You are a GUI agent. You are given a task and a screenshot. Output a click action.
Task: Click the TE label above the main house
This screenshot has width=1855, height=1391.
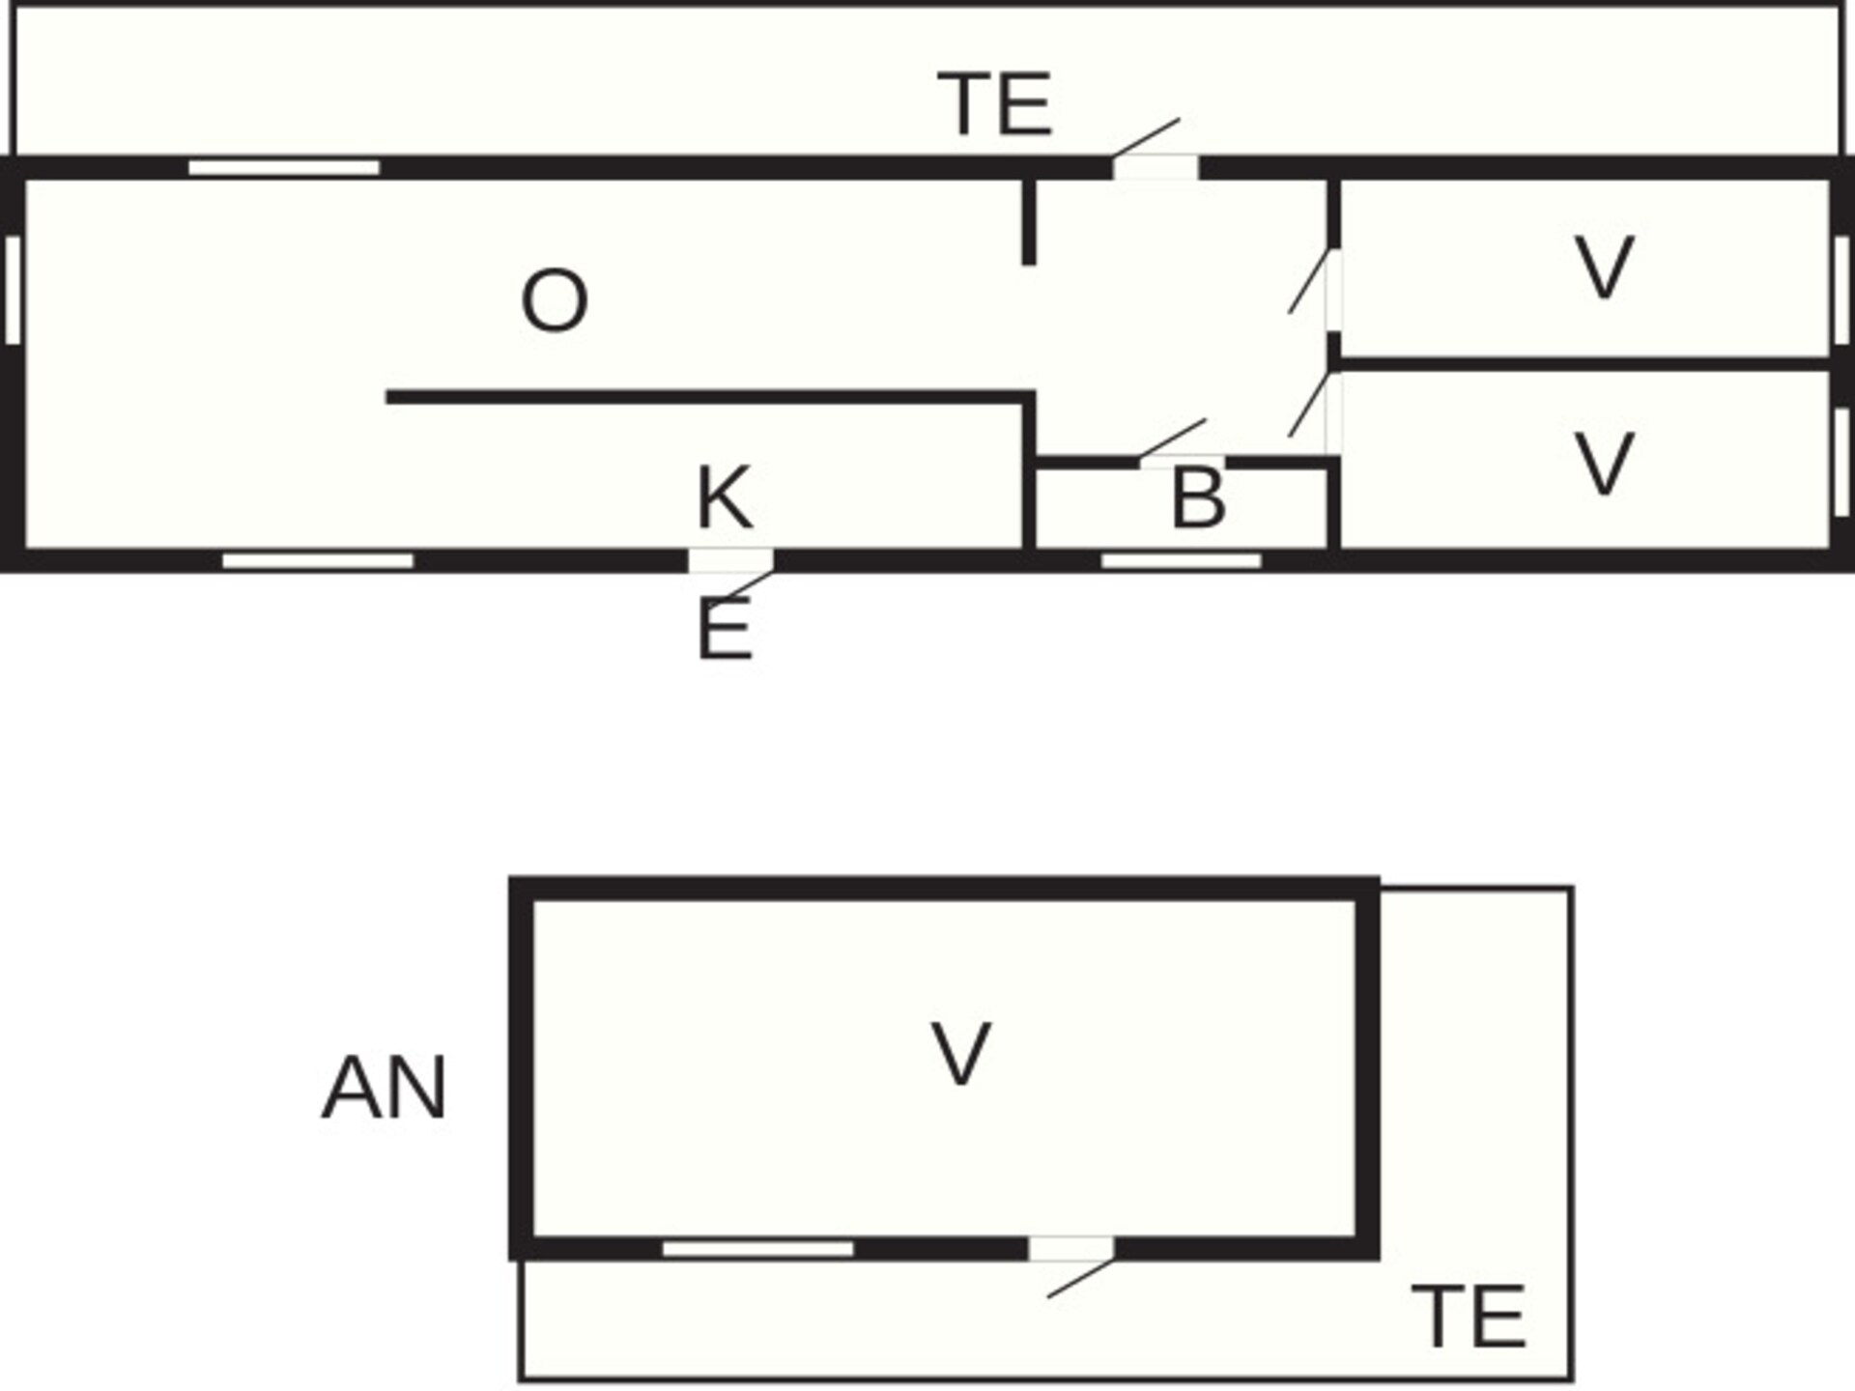(x=995, y=104)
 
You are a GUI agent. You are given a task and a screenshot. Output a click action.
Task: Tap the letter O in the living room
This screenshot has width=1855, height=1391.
(x=555, y=301)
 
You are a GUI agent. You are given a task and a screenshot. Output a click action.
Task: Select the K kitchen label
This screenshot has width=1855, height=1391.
(x=724, y=497)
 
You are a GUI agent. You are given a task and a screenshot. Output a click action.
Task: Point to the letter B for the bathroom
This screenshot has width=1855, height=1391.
(x=1198, y=498)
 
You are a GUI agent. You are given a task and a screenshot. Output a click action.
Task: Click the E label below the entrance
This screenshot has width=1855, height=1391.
(x=725, y=629)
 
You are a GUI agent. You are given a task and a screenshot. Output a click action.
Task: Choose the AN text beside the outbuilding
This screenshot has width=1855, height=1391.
(x=384, y=1089)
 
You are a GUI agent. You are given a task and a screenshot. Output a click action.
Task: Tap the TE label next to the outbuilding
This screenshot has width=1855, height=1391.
(x=1469, y=1317)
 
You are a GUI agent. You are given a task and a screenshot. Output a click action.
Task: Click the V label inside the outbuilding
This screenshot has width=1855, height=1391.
(x=960, y=1054)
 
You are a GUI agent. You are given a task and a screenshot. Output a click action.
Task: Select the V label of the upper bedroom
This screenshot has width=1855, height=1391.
(x=1604, y=268)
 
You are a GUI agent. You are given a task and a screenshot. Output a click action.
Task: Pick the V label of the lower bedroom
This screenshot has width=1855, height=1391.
(x=1604, y=465)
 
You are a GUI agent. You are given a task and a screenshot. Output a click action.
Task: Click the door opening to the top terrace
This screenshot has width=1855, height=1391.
(x=1156, y=167)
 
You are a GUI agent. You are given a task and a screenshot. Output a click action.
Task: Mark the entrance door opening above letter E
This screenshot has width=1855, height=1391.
(x=730, y=560)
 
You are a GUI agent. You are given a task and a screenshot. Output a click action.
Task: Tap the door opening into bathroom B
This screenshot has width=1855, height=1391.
(x=1183, y=462)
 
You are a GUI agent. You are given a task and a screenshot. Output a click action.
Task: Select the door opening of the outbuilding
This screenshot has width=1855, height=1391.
(x=1071, y=1248)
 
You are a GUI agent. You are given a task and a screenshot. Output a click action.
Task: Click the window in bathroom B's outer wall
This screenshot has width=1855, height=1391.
(x=1182, y=561)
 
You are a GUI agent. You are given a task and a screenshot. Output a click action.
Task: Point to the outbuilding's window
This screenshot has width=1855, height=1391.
(x=758, y=1249)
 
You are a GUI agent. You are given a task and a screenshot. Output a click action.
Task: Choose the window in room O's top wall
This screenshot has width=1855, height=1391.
(x=284, y=168)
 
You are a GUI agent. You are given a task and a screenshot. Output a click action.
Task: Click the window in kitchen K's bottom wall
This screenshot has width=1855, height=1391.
(x=318, y=561)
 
